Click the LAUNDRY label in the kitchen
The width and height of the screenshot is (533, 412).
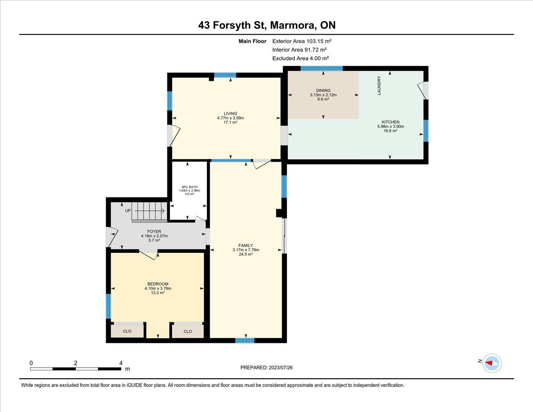(x=379, y=86)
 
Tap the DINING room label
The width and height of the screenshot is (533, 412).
(x=323, y=90)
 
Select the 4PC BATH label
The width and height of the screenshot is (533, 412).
(x=189, y=187)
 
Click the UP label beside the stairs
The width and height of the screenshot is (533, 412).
(x=128, y=211)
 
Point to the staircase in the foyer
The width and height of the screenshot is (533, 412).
(x=149, y=212)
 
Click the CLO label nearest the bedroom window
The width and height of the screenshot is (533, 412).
(x=127, y=331)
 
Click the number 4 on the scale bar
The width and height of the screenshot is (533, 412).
(x=121, y=363)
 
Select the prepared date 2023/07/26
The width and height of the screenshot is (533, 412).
(x=281, y=368)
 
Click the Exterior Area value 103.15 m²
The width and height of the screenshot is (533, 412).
(x=319, y=41)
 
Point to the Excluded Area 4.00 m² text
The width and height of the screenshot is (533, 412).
(x=300, y=58)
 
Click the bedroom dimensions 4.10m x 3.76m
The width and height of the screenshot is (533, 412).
(x=158, y=288)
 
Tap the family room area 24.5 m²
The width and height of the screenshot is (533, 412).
(x=246, y=254)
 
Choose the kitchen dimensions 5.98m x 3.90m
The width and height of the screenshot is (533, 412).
(x=390, y=126)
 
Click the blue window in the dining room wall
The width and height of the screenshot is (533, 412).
(x=322, y=68)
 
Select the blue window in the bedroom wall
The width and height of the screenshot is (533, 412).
(x=108, y=306)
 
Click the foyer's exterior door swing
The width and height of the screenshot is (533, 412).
(x=112, y=237)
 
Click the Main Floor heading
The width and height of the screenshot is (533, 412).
(x=252, y=41)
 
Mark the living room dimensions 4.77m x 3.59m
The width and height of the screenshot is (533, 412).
(x=231, y=118)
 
